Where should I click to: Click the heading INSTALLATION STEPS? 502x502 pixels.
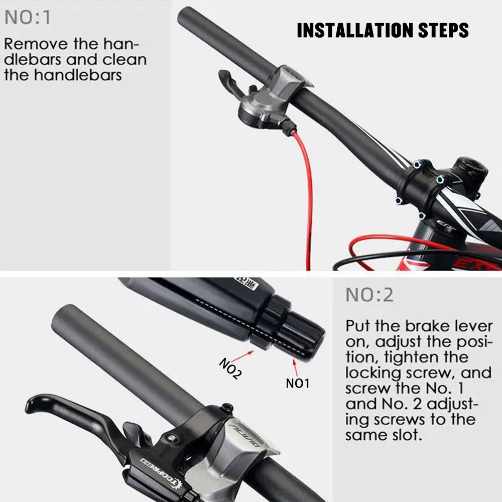coord(383,31)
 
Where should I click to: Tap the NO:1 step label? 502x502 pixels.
coord(28,18)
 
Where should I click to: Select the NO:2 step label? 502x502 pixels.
coord(369,295)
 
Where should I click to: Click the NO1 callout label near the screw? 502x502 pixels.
coord(297,383)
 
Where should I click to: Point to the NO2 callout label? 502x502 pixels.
coord(230,368)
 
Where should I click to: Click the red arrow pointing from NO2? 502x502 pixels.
coord(242,356)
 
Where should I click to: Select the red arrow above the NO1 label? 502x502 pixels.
coord(295,367)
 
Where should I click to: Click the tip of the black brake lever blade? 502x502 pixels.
coord(29,406)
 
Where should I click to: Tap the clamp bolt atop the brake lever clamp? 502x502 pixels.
coord(227,408)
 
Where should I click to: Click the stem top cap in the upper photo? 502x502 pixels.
coord(471,167)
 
